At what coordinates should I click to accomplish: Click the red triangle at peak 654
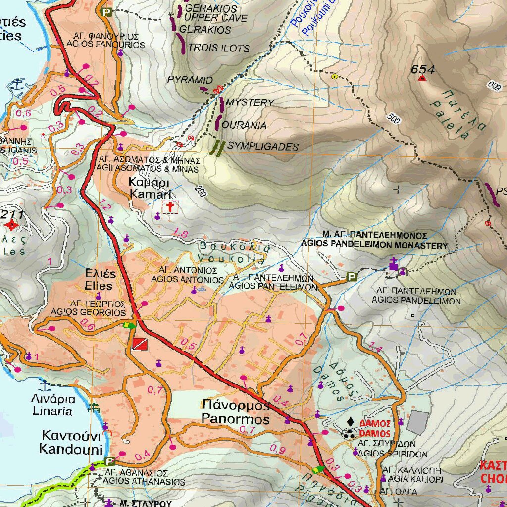click(x=422, y=78)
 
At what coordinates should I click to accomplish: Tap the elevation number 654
click(x=422, y=69)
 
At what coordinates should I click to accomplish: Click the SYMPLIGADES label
click(x=262, y=147)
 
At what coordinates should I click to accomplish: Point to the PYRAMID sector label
click(x=190, y=80)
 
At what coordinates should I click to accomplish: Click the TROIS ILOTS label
click(x=219, y=49)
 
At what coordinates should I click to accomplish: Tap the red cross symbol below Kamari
click(x=170, y=207)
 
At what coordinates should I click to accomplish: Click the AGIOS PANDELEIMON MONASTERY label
click(x=374, y=245)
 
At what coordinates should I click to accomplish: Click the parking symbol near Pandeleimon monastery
click(x=352, y=277)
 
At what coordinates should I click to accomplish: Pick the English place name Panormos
click(x=236, y=419)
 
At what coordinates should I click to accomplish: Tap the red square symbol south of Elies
click(x=140, y=344)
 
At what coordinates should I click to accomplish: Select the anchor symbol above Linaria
click(x=45, y=385)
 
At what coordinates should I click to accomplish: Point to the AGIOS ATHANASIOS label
click(x=145, y=482)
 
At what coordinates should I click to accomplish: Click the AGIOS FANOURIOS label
click(x=106, y=45)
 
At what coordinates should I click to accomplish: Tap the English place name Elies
click(x=99, y=286)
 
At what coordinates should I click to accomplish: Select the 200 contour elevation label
click(x=200, y=190)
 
